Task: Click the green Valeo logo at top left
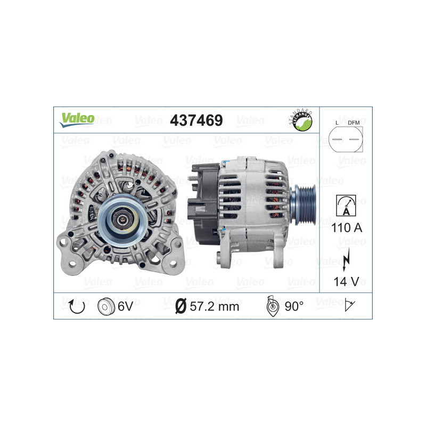[77, 119]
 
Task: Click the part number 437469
[196, 120]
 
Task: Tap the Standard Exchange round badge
[300, 120]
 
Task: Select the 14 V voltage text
[346, 281]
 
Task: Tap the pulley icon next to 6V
[106, 306]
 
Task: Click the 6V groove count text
[126, 306]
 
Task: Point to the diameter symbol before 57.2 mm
[180, 306]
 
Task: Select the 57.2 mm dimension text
[215, 306]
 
